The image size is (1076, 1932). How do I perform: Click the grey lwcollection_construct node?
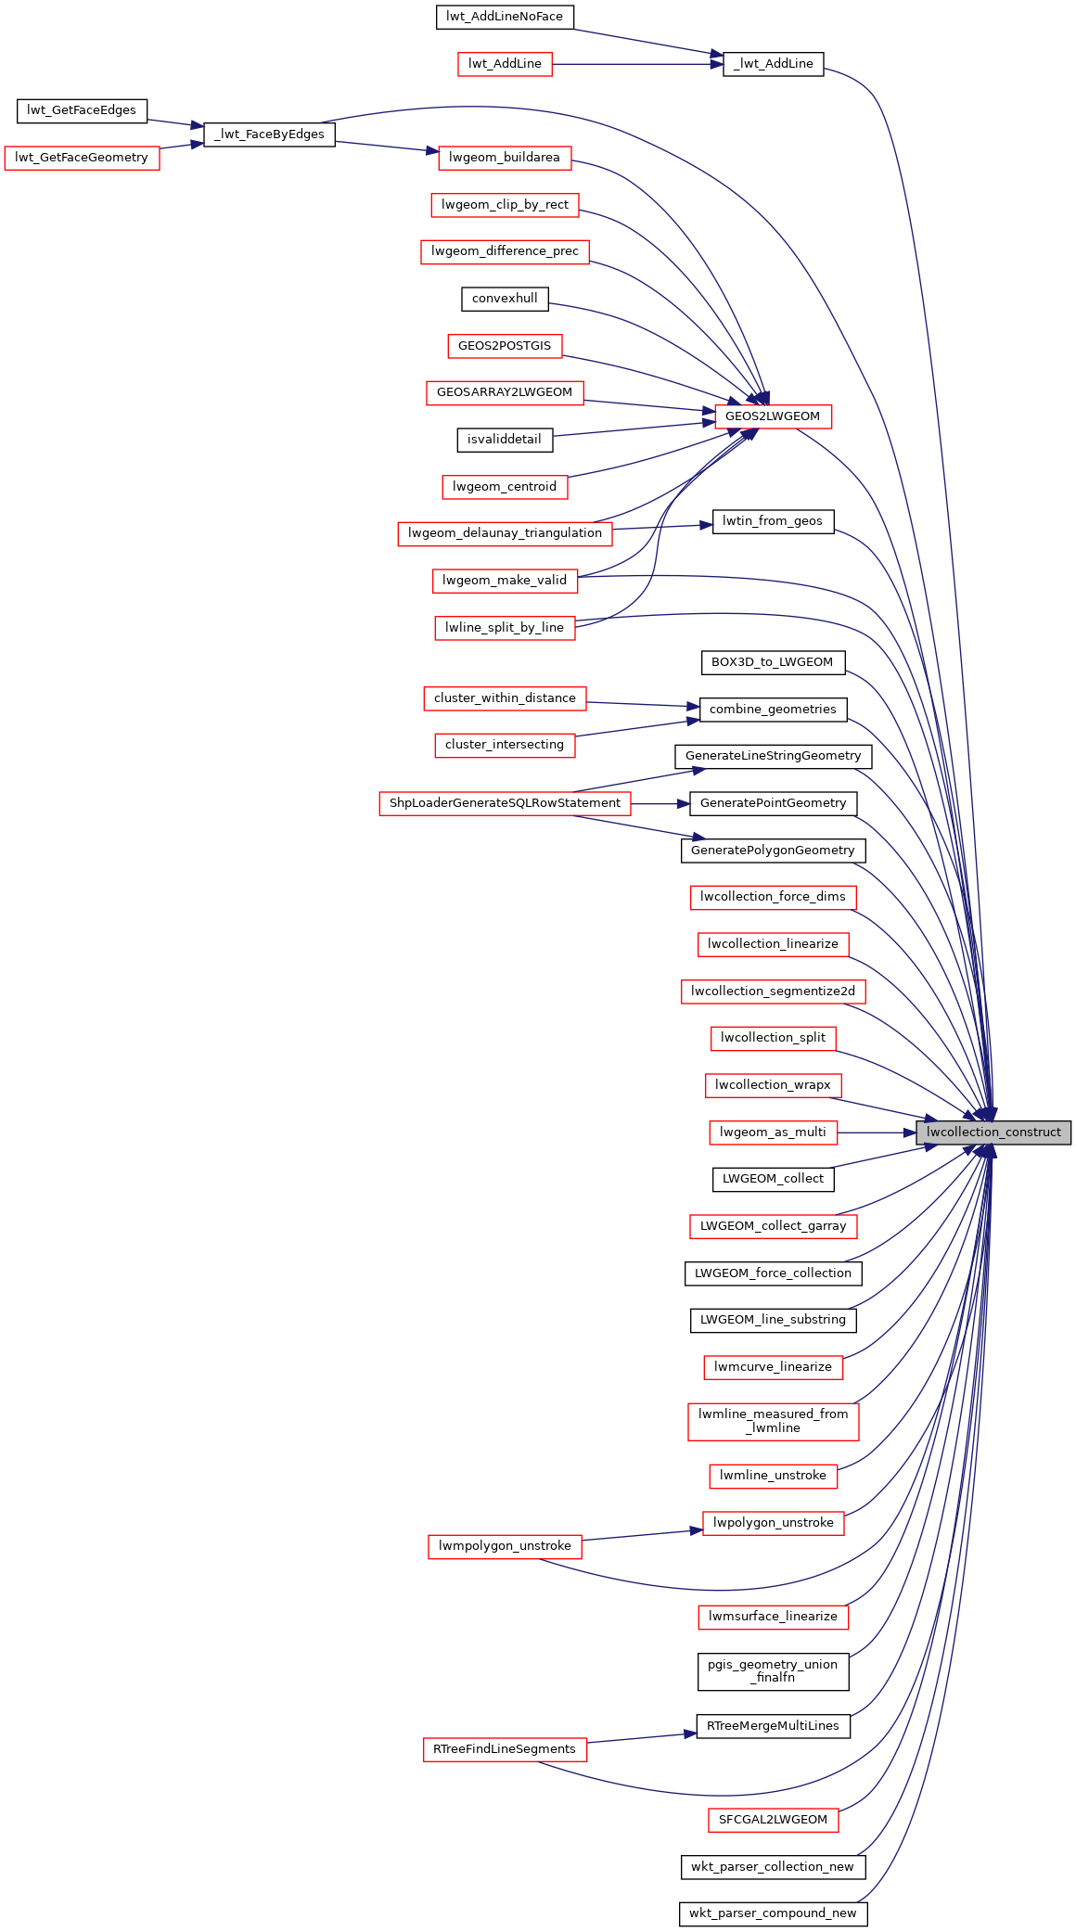[x=993, y=1132]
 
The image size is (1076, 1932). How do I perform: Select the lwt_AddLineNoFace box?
[x=505, y=17]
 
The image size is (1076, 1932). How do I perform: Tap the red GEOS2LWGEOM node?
[x=773, y=416]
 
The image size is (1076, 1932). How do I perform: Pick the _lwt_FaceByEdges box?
[x=269, y=134]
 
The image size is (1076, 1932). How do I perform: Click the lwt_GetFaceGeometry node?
[x=82, y=158]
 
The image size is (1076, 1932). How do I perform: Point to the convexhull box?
[x=505, y=299]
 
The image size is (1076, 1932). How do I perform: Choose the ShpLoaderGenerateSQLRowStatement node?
[x=505, y=803]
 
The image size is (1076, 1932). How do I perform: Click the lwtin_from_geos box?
[x=773, y=521]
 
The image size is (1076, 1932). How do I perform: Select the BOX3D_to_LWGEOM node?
[x=773, y=662]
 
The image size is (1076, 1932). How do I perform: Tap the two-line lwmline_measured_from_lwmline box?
[x=773, y=1421]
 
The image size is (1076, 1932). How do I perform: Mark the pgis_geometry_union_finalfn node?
[x=773, y=1670]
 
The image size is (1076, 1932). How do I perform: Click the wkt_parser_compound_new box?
[x=773, y=1913]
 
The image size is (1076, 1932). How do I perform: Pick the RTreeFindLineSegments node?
[x=505, y=1749]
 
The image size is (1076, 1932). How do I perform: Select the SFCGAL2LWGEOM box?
[x=773, y=1820]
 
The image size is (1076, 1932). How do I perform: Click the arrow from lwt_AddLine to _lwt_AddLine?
[x=637, y=64]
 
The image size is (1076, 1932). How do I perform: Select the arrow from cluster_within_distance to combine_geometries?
[x=643, y=705]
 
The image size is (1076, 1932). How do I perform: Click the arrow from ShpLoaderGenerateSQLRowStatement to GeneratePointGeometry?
[x=660, y=803]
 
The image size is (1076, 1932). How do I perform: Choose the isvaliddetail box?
[x=505, y=440]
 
